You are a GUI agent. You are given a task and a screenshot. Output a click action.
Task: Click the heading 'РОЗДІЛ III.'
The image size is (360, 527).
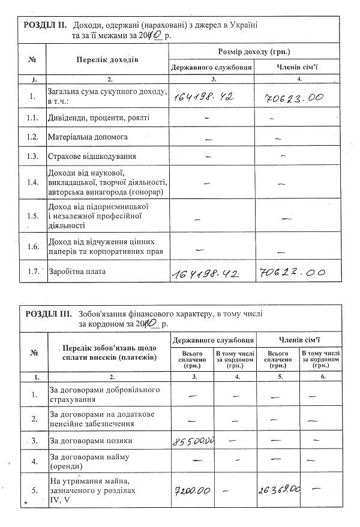[x=49, y=313]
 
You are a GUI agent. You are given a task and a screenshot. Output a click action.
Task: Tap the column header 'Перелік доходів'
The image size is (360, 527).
[x=108, y=60]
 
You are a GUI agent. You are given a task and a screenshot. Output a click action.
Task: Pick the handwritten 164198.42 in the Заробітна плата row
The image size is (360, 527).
[x=206, y=273]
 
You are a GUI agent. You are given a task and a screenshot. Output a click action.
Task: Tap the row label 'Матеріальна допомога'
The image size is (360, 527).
[x=88, y=137]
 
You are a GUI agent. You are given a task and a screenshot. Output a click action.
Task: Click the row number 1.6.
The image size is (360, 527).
[x=33, y=246]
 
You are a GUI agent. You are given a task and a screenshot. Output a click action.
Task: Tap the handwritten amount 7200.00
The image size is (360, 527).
[x=193, y=491]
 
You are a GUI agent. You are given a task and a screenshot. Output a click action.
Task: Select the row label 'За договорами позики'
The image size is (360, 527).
[x=90, y=441]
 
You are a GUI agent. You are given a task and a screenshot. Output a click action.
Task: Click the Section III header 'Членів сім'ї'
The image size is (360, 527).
[x=298, y=339]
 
